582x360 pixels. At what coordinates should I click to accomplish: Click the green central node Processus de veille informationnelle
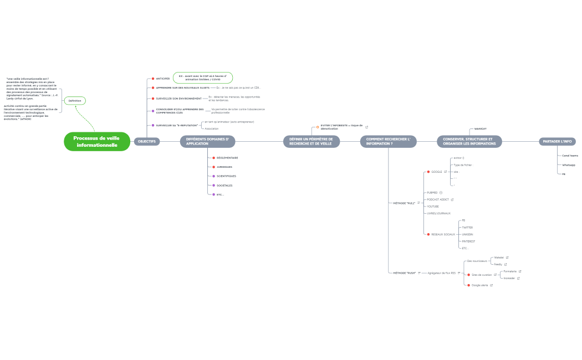tap(97, 142)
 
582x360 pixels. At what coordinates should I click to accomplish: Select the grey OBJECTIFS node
tap(147, 142)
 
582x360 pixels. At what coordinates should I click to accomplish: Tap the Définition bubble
tap(75, 101)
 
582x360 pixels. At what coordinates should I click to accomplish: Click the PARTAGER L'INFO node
tap(557, 142)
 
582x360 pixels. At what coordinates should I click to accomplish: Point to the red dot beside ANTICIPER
tap(153, 79)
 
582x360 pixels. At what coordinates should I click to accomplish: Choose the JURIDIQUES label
tap(224, 167)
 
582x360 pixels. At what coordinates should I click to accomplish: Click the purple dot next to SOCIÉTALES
tap(213, 186)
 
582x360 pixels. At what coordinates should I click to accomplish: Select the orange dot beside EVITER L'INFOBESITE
tap(318, 127)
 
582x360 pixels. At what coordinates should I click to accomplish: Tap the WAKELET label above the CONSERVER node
tap(480, 128)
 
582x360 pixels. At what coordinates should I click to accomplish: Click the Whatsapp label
tap(569, 165)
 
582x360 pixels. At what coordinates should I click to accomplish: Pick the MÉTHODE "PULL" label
tap(404, 203)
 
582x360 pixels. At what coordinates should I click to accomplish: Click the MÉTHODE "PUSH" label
tap(404, 273)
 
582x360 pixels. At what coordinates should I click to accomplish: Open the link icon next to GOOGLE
tap(446, 172)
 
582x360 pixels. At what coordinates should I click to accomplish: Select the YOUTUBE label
tap(433, 207)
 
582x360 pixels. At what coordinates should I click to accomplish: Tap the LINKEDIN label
tap(467, 234)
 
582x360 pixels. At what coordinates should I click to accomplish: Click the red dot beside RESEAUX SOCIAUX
tap(428, 234)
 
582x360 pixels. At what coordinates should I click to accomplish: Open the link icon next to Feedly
tap(506, 265)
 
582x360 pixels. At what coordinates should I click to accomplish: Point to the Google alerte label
tap(479, 285)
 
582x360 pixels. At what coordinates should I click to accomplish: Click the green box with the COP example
tap(203, 78)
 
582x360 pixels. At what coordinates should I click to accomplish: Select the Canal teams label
tap(570, 156)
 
